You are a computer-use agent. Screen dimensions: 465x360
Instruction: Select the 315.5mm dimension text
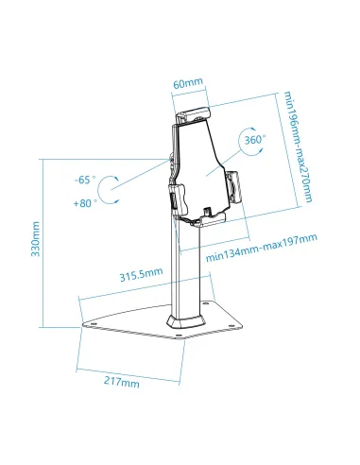(140, 274)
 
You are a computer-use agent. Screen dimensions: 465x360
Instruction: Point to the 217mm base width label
(123, 383)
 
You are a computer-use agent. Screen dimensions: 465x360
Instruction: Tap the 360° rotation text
(255, 139)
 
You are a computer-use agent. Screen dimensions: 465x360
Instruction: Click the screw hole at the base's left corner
(95, 320)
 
